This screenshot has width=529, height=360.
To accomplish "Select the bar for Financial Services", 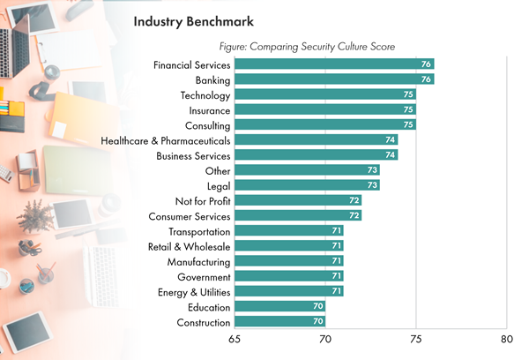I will point(335,64).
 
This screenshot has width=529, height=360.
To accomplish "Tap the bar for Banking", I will point(335,79).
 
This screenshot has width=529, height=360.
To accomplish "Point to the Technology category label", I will point(205,95).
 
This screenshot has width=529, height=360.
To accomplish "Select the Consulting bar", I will point(326,125).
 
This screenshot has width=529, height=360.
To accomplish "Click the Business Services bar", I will point(317,155).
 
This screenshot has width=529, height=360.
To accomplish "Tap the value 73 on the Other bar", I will point(373,170).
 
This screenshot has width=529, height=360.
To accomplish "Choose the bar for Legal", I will point(308,185).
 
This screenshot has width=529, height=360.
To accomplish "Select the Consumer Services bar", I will point(299,216).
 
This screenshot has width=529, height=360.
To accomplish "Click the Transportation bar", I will point(290,231).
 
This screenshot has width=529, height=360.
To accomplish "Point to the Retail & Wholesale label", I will point(190,246).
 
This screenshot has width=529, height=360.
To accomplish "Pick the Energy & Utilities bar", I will point(290,291).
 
